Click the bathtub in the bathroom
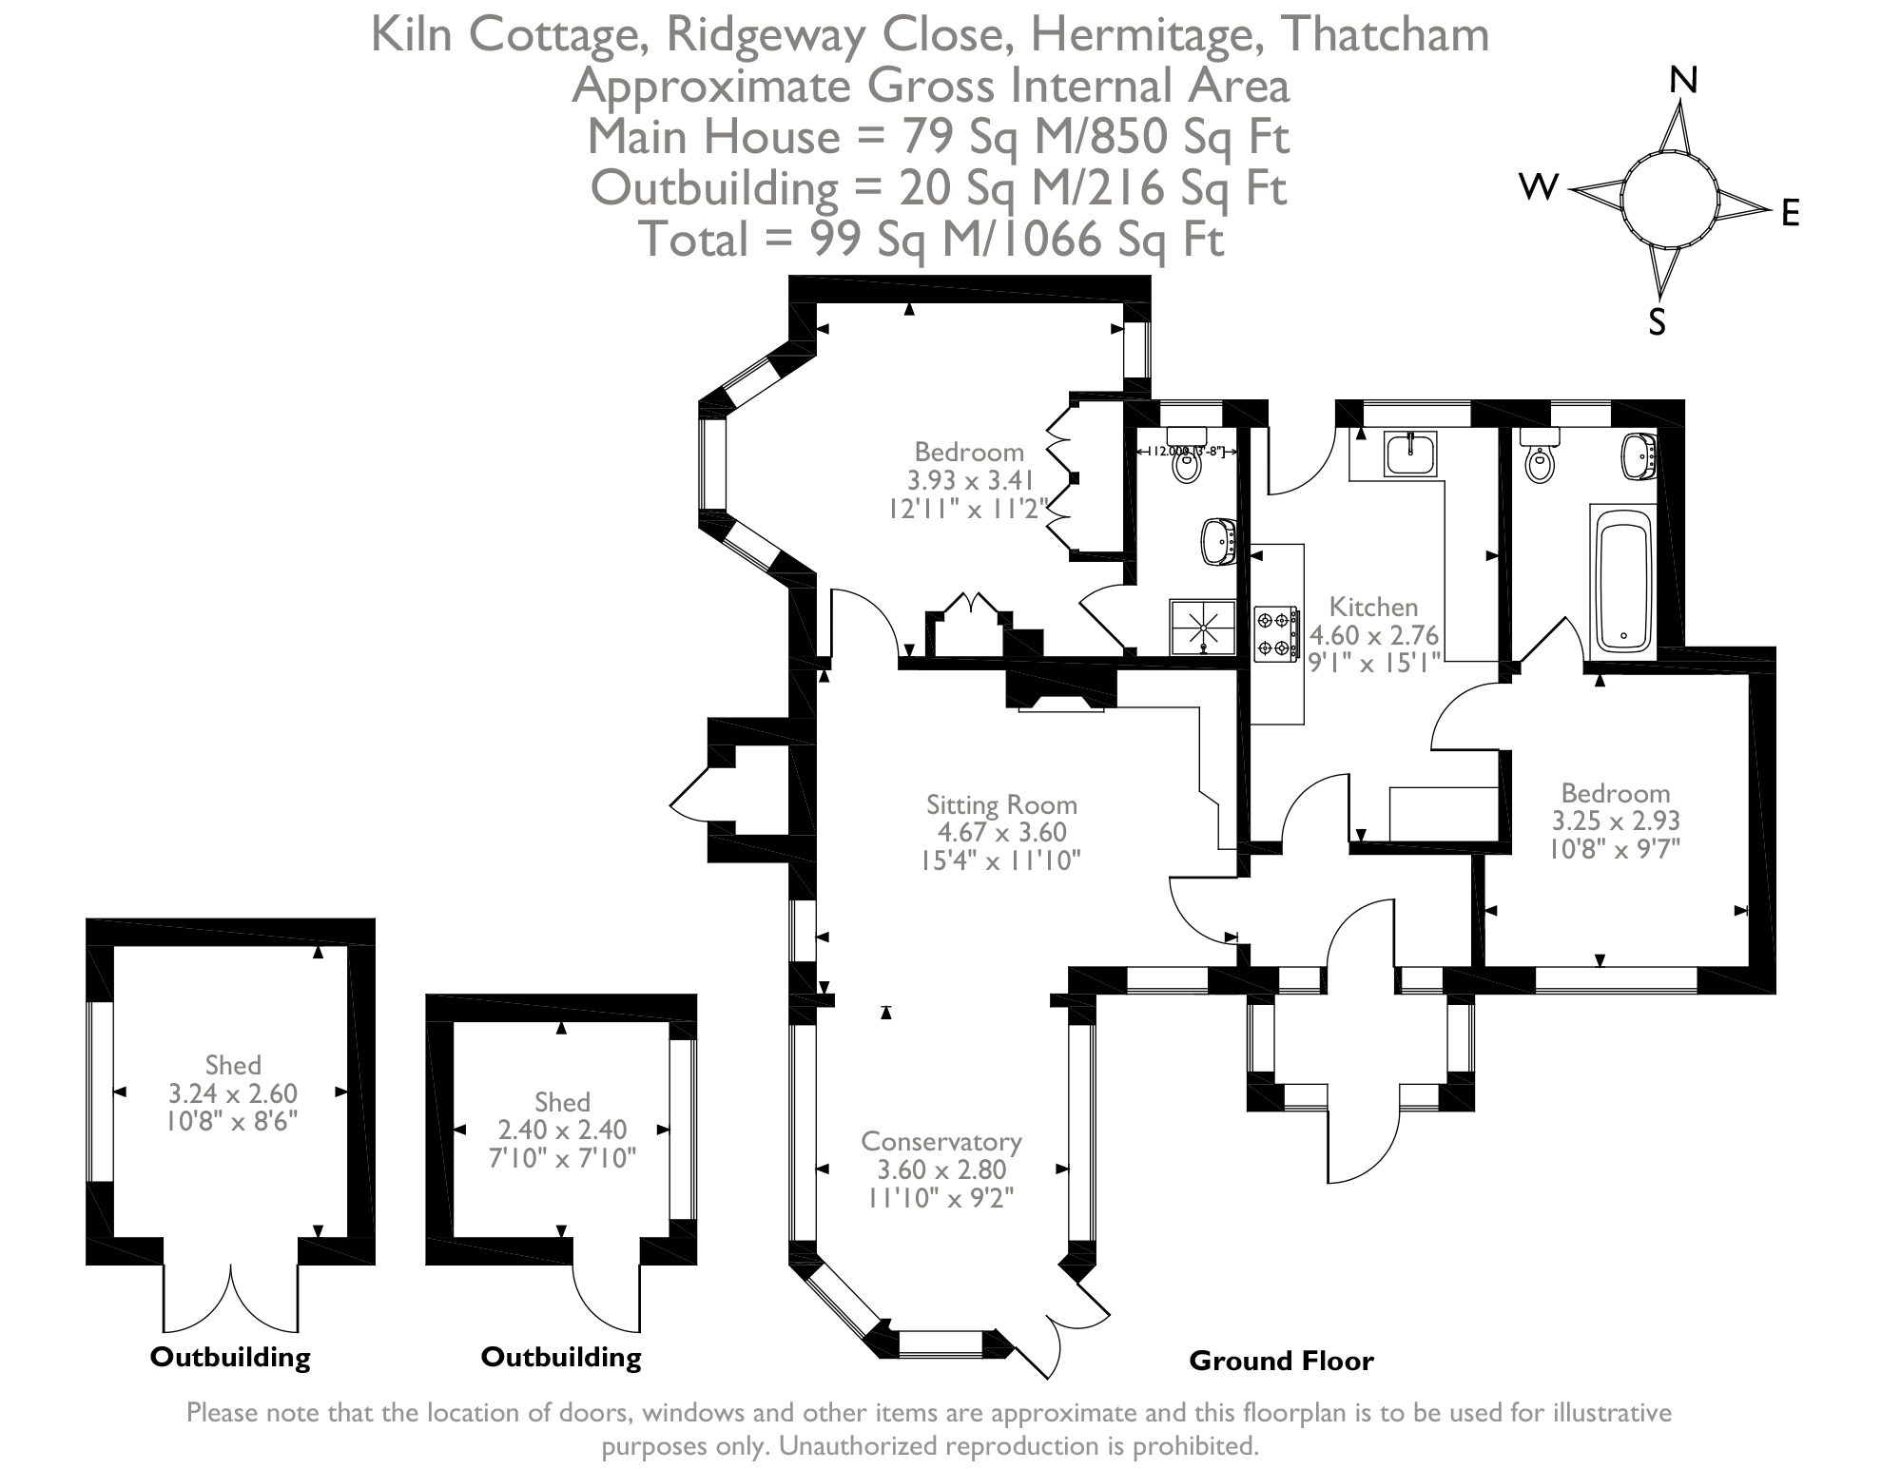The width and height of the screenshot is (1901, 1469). point(1622,579)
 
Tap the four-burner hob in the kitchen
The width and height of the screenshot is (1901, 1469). point(1275,633)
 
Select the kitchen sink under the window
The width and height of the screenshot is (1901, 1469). point(1410,454)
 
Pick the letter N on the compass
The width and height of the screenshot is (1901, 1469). point(1683,82)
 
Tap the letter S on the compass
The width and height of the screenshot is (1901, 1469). point(1658,323)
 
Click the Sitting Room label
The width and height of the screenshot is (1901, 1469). point(1001,805)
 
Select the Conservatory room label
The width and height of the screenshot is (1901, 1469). point(941,1141)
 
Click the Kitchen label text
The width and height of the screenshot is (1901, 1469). point(1373,607)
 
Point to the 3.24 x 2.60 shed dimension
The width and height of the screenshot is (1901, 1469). point(233,1093)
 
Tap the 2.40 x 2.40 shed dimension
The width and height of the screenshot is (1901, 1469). point(562,1130)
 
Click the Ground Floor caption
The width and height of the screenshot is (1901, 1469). point(1281,1362)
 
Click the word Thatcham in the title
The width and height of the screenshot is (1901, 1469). point(1385,35)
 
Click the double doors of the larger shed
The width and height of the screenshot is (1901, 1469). point(231,1298)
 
